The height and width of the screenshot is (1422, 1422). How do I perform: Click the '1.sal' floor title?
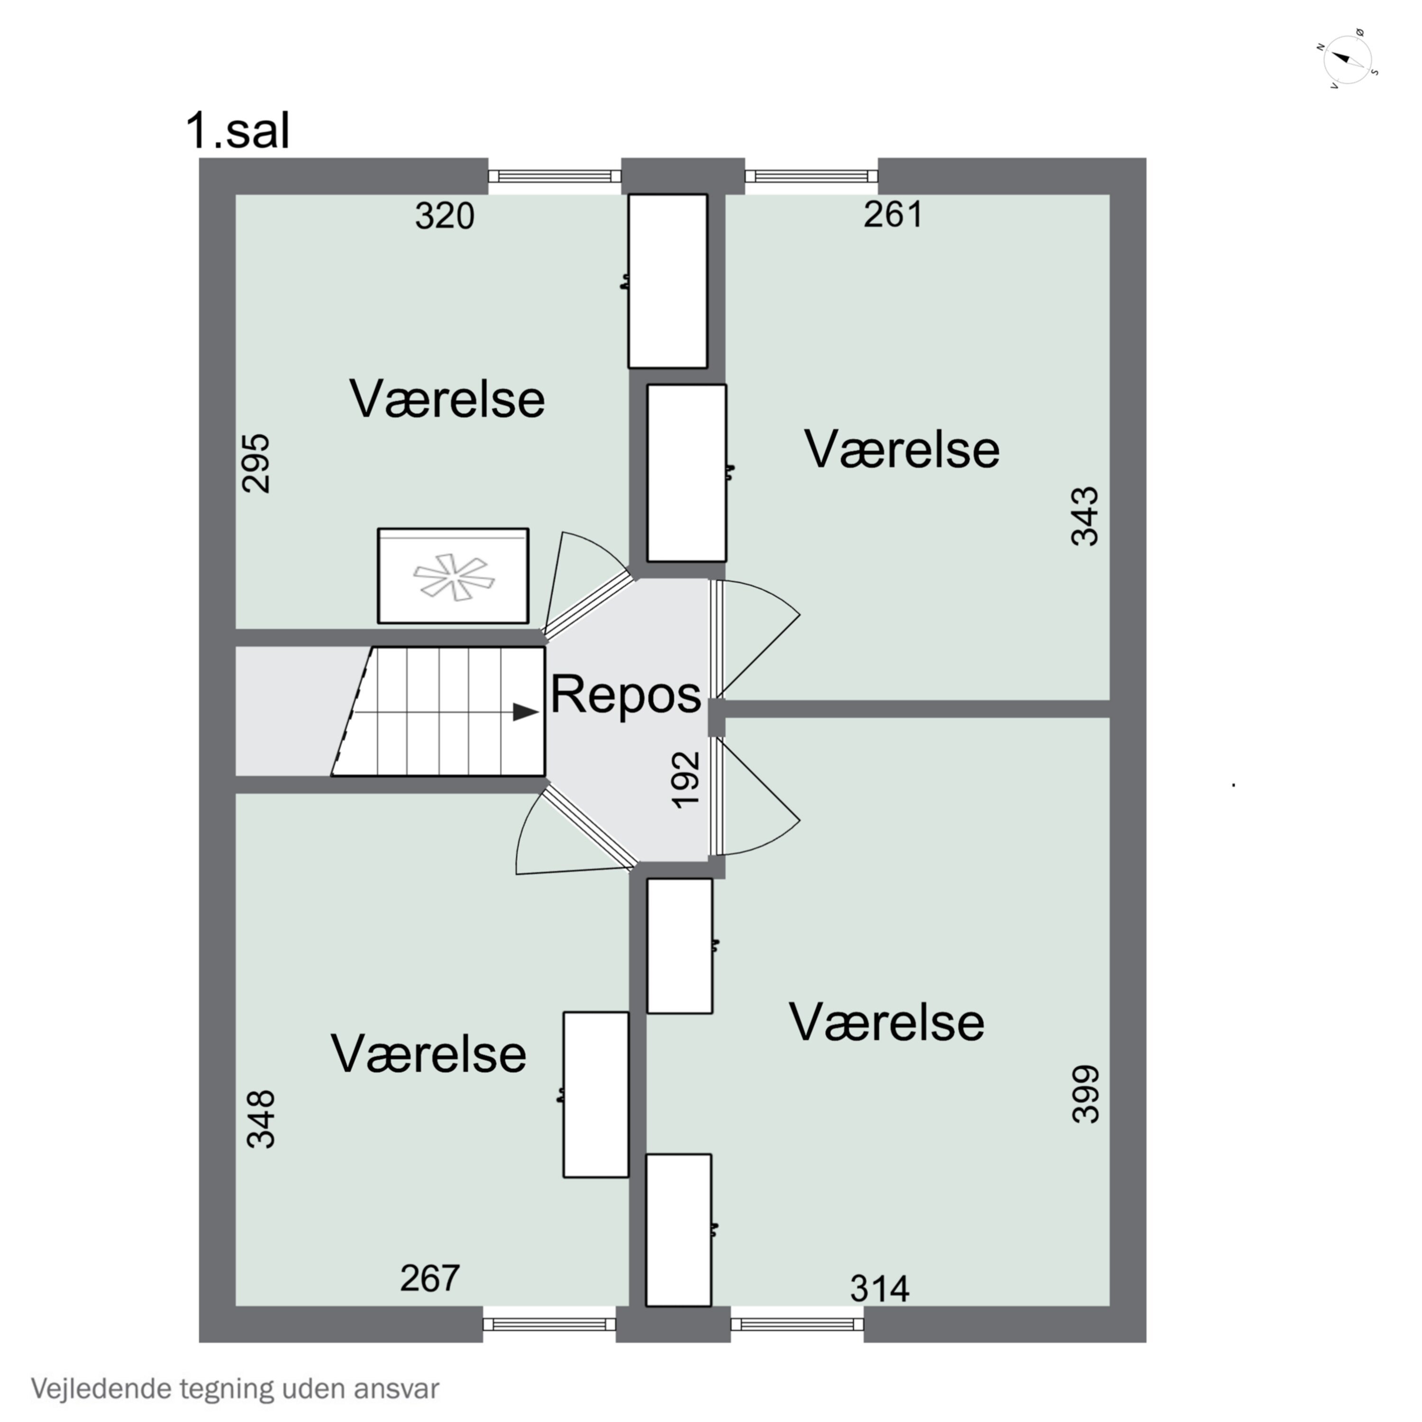tap(238, 130)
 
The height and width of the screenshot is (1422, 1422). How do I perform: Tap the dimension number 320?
tap(445, 217)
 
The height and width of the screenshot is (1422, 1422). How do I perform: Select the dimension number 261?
tap(893, 214)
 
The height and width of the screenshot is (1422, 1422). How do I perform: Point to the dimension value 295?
tap(257, 463)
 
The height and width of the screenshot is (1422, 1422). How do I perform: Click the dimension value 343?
tap(1085, 516)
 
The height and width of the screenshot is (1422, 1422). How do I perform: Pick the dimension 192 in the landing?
tap(686, 779)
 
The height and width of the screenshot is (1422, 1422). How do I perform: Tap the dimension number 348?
tap(261, 1120)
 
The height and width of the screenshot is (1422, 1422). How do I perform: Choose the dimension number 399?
tap(1085, 1094)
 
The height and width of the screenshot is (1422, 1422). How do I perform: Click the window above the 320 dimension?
tap(555, 176)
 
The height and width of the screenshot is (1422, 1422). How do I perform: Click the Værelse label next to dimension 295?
tap(447, 399)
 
